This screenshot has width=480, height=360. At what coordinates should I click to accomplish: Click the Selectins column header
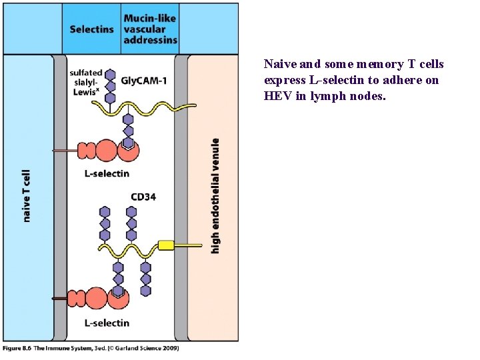[91, 29]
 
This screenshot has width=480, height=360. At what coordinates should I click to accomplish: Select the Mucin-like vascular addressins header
[150, 29]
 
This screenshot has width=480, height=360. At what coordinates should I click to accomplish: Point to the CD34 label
[143, 197]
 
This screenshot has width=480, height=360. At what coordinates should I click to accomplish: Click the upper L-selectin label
[107, 173]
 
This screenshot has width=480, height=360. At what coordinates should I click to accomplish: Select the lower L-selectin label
[107, 323]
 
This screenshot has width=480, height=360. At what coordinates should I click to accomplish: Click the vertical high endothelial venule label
[215, 195]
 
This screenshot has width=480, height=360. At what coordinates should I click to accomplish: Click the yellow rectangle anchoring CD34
[166, 245]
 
